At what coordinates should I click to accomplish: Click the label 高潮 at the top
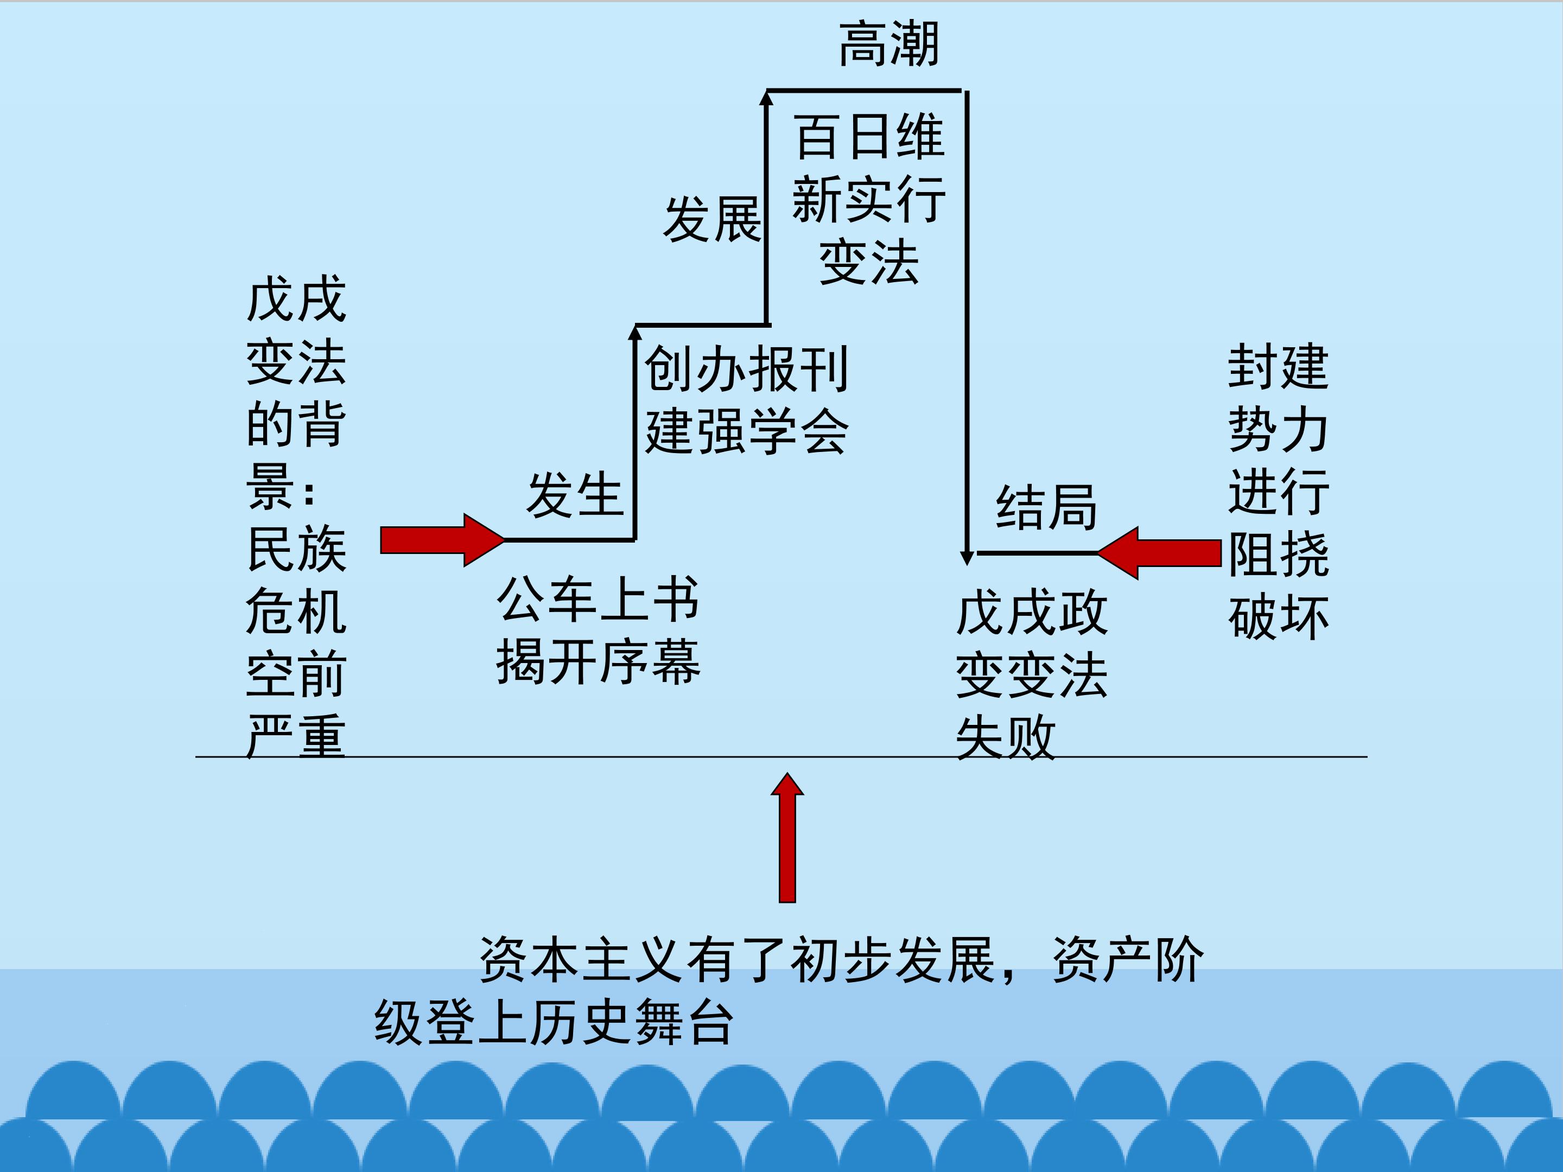889,44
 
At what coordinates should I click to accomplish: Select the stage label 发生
575,494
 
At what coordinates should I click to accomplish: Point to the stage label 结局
1046,507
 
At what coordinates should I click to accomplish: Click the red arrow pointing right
442,540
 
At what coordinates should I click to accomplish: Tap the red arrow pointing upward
787,838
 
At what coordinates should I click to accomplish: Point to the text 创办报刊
746,369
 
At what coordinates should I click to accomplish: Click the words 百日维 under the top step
869,136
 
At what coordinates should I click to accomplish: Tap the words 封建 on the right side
1278,367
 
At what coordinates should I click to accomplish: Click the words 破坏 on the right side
1278,618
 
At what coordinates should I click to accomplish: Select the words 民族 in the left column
297,549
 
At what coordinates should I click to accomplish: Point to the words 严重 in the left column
297,736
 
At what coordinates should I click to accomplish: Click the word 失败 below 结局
1006,737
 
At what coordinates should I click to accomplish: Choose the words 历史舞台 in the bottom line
631,1022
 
